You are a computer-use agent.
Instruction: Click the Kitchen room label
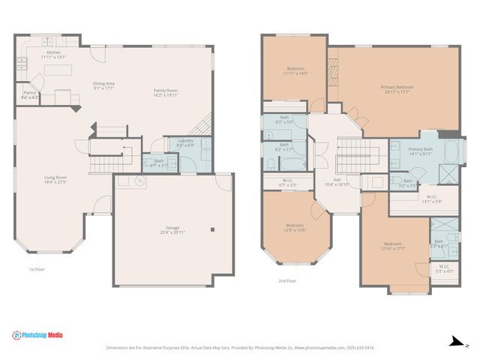tap(54, 54)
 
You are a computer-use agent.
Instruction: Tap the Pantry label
tap(30, 94)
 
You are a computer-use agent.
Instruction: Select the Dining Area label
tap(103, 85)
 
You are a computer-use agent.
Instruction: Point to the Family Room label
tap(166, 93)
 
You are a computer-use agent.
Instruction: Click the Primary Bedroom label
tap(399, 90)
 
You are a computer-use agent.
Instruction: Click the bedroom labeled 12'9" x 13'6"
tap(295, 228)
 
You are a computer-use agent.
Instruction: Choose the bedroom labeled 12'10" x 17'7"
tap(394, 247)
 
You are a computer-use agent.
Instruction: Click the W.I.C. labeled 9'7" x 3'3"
tap(288, 182)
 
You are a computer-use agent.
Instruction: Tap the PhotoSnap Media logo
tap(38, 335)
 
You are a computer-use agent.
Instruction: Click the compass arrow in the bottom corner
tap(454, 340)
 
